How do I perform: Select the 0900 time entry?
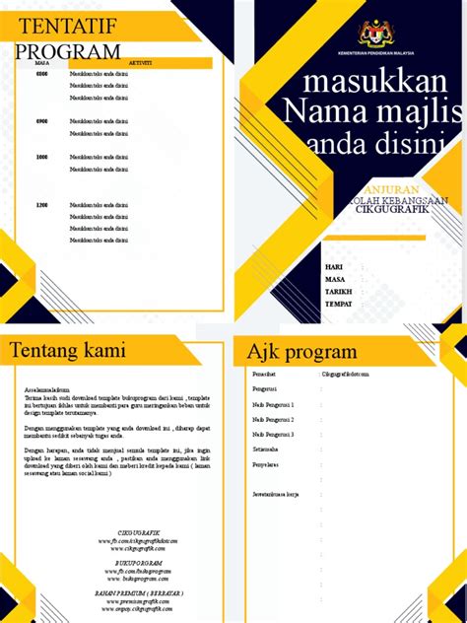pos(41,120)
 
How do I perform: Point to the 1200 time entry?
pos(41,205)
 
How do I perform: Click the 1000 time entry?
pos(41,157)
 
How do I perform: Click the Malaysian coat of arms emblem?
pos(374,33)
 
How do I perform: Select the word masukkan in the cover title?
pos(371,81)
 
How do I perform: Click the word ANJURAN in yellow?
pos(392,188)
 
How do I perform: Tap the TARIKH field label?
pos(338,292)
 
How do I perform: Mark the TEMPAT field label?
pos(339,304)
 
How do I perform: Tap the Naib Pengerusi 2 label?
pos(274,419)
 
